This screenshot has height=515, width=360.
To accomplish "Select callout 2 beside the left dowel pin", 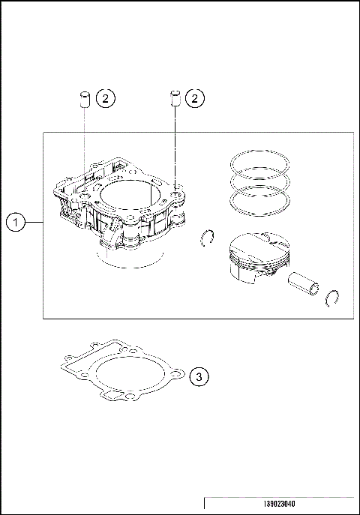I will pyautogui.click(x=106, y=97).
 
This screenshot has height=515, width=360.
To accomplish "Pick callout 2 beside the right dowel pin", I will pyautogui.click(x=194, y=97).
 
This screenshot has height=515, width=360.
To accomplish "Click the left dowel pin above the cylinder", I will pyautogui.click(x=85, y=99).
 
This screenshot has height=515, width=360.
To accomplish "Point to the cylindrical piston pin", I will pyautogui.click(x=304, y=285).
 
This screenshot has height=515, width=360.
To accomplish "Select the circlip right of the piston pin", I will pyautogui.click(x=335, y=298).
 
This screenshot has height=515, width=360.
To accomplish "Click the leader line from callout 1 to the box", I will pyautogui.click(x=34, y=222).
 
